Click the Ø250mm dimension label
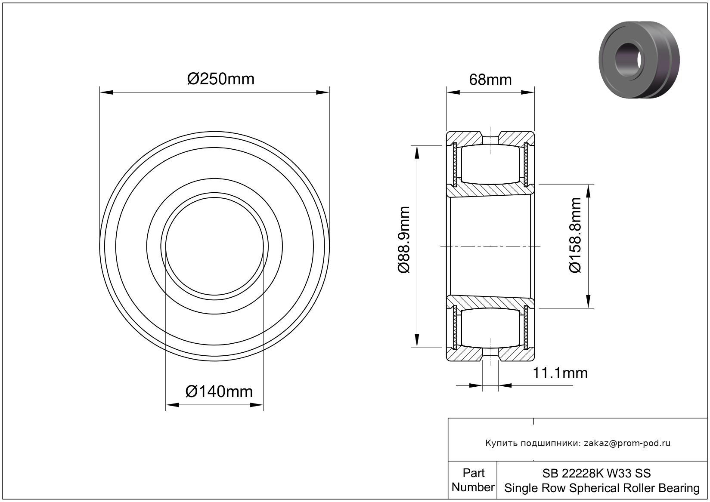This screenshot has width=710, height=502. pos(220,79)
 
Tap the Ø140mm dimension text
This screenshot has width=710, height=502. pos(219,392)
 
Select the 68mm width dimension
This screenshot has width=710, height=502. pos(490,80)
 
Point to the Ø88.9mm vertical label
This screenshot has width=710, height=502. pos(404,240)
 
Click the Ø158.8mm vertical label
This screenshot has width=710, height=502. pos(575,235)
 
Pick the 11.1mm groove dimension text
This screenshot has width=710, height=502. pos(560,373)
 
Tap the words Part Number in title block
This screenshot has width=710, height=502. pos(473,480)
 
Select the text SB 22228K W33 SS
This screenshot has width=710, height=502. pos(596,473)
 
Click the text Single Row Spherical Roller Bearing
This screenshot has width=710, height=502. pos(602,488)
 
